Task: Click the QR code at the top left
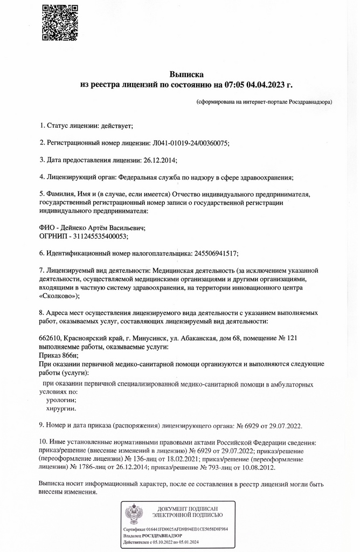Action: point(60,22)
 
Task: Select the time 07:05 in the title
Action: point(229,85)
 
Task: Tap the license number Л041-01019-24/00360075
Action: point(191,143)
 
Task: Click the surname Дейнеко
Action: point(76,227)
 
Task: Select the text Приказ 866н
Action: point(59,355)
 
